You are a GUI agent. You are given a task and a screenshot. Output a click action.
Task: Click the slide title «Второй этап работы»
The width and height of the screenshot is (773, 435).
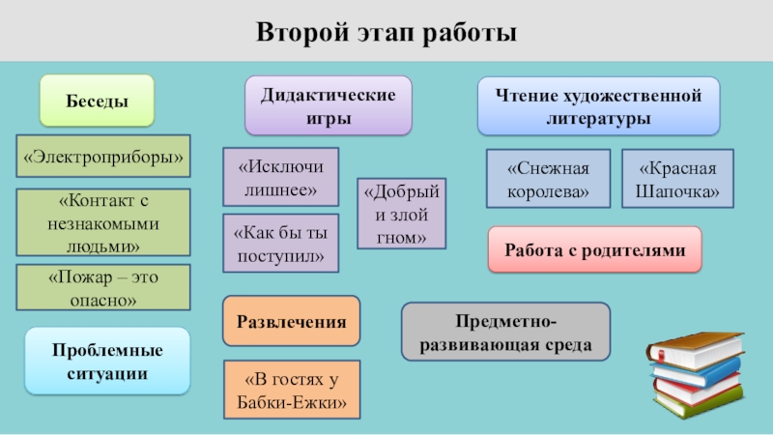386,33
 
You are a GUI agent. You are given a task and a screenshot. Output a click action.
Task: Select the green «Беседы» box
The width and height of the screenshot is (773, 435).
97,101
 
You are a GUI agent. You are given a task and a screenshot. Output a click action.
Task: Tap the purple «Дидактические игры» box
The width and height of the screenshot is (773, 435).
328,106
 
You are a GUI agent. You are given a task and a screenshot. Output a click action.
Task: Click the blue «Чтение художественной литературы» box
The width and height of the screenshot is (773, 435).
598,106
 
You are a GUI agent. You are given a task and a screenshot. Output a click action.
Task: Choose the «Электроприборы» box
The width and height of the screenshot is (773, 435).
103,156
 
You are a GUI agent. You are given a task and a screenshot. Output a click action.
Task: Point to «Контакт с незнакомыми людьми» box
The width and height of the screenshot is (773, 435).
103,222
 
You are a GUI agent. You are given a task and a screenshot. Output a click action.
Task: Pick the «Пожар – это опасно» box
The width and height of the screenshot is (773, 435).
103,289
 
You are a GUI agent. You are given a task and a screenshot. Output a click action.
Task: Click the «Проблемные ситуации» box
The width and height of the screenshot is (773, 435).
107,361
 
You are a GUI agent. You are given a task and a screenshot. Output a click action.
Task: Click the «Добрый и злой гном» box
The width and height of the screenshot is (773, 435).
401,214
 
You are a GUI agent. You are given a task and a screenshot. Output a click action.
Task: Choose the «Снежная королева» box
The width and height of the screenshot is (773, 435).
547,179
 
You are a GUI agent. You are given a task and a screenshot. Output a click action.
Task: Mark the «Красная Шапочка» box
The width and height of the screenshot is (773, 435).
676,179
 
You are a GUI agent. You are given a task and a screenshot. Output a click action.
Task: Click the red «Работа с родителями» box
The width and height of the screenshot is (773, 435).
594,250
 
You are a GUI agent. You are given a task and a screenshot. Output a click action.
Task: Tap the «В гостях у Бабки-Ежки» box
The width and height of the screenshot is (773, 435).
291,390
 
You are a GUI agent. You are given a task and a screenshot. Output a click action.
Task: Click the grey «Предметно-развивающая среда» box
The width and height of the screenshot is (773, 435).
505,332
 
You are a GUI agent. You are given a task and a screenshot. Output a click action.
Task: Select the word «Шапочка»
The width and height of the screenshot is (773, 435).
676,191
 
